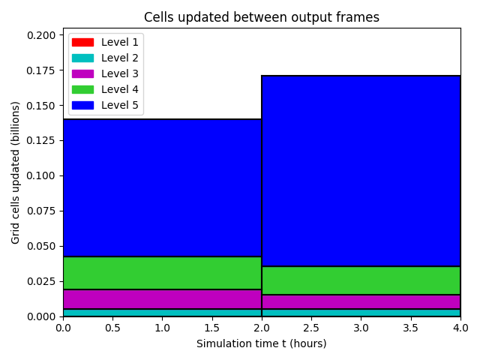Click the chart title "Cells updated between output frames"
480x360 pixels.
[x=262, y=17]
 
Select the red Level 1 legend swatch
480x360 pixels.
[x=82, y=42]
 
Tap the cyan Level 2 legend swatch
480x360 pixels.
[x=82, y=58]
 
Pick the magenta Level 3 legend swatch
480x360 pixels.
[x=82, y=73]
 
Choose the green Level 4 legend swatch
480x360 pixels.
[x=82, y=89]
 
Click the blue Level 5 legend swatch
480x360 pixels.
[x=82, y=105]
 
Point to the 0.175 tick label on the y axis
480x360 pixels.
[x=41, y=70]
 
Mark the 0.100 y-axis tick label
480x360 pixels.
[x=41, y=175]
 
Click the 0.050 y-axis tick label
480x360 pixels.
[x=41, y=246]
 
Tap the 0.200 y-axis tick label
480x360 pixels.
[x=41, y=35]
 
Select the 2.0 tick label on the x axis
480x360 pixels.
[x=262, y=328]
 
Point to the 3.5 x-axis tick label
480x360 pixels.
[x=410, y=328]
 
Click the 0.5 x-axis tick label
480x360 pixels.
[x=112, y=328]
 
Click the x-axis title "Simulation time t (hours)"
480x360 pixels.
[x=262, y=343]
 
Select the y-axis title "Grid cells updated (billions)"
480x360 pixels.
[x=15, y=172]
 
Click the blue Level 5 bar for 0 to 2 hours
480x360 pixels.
[x=162, y=187]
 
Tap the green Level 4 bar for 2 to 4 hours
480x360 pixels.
[x=361, y=280]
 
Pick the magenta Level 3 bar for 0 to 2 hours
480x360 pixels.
[x=162, y=299]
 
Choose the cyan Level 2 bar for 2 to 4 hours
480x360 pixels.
[x=361, y=313]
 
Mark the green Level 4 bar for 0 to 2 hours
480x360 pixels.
[x=162, y=273]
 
